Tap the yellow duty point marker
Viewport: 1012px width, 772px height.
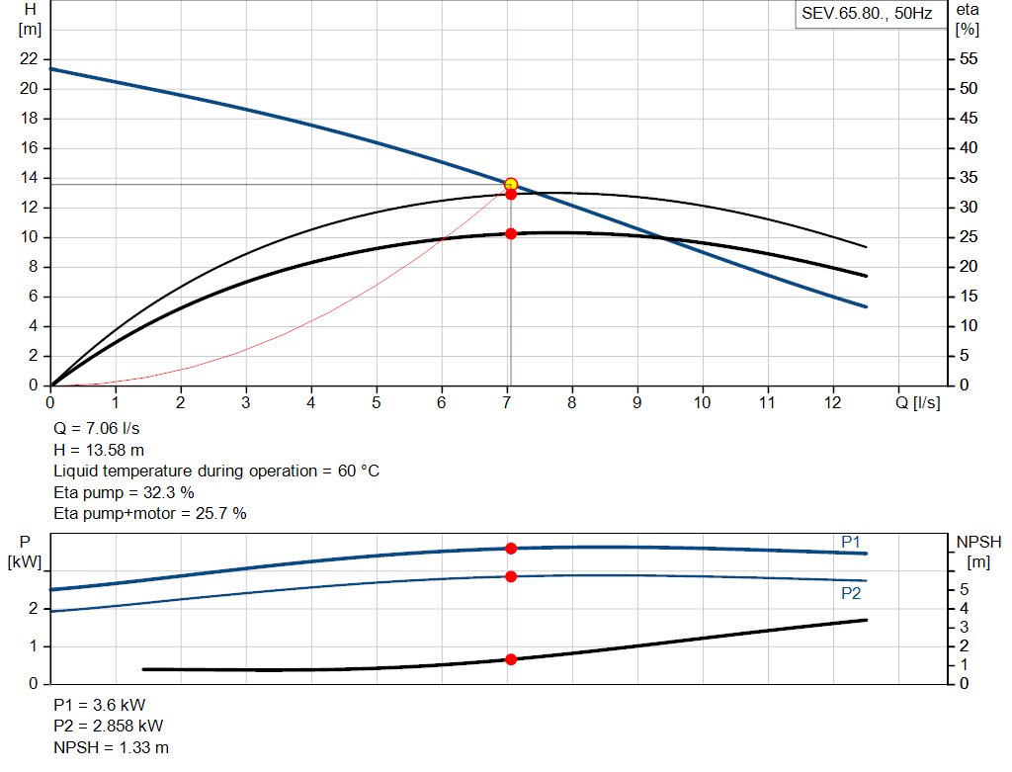click(x=511, y=184)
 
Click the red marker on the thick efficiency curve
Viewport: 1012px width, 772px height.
click(x=511, y=234)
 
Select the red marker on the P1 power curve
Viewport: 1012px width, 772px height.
click(x=511, y=549)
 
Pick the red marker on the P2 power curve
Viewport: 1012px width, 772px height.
click(x=511, y=576)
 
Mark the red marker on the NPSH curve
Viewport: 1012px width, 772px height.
click(x=511, y=659)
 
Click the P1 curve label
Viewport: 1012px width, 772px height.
click(x=851, y=542)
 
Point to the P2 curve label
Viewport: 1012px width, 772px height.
click(x=851, y=593)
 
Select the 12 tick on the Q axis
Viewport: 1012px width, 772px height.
click(x=832, y=402)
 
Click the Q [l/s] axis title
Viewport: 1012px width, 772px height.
click(x=918, y=402)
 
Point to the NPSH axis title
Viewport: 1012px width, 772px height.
click(x=978, y=542)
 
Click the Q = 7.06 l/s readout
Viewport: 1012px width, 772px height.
click(x=95, y=430)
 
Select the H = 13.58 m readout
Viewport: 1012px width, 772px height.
click(x=99, y=451)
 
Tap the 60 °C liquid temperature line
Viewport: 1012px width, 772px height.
click(x=216, y=472)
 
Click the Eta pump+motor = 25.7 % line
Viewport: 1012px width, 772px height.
click(x=150, y=513)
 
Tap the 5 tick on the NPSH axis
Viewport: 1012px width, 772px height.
click(x=964, y=589)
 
